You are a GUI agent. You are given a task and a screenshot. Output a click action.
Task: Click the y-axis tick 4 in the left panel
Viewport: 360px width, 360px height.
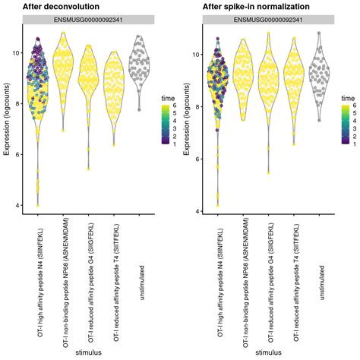tap(17, 205)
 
